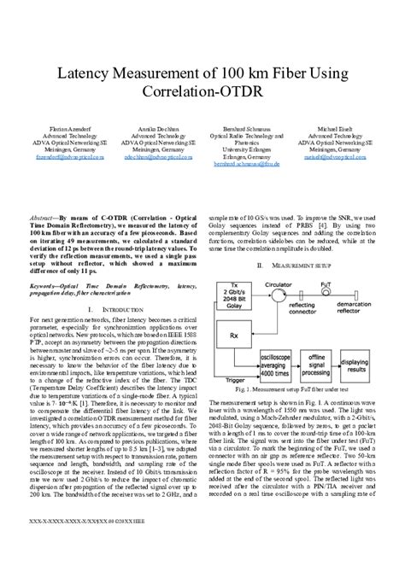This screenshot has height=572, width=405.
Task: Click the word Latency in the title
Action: [x=87, y=75]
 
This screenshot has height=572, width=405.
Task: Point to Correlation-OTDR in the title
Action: [x=202, y=96]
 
